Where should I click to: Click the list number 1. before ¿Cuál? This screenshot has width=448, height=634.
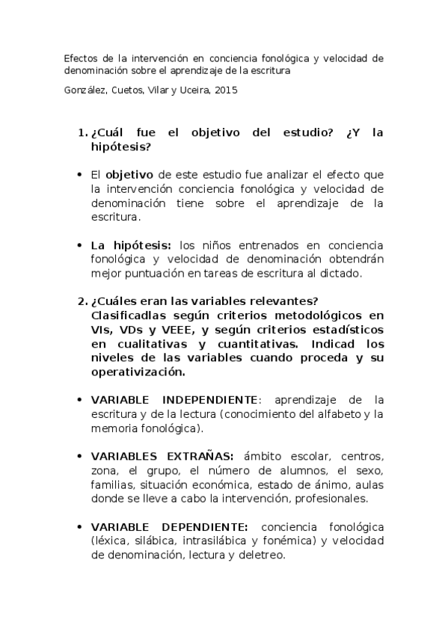pos(83,133)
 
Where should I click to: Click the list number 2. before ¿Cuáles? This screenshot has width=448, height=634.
pos(83,301)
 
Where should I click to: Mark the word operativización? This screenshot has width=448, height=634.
pos(136,372)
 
